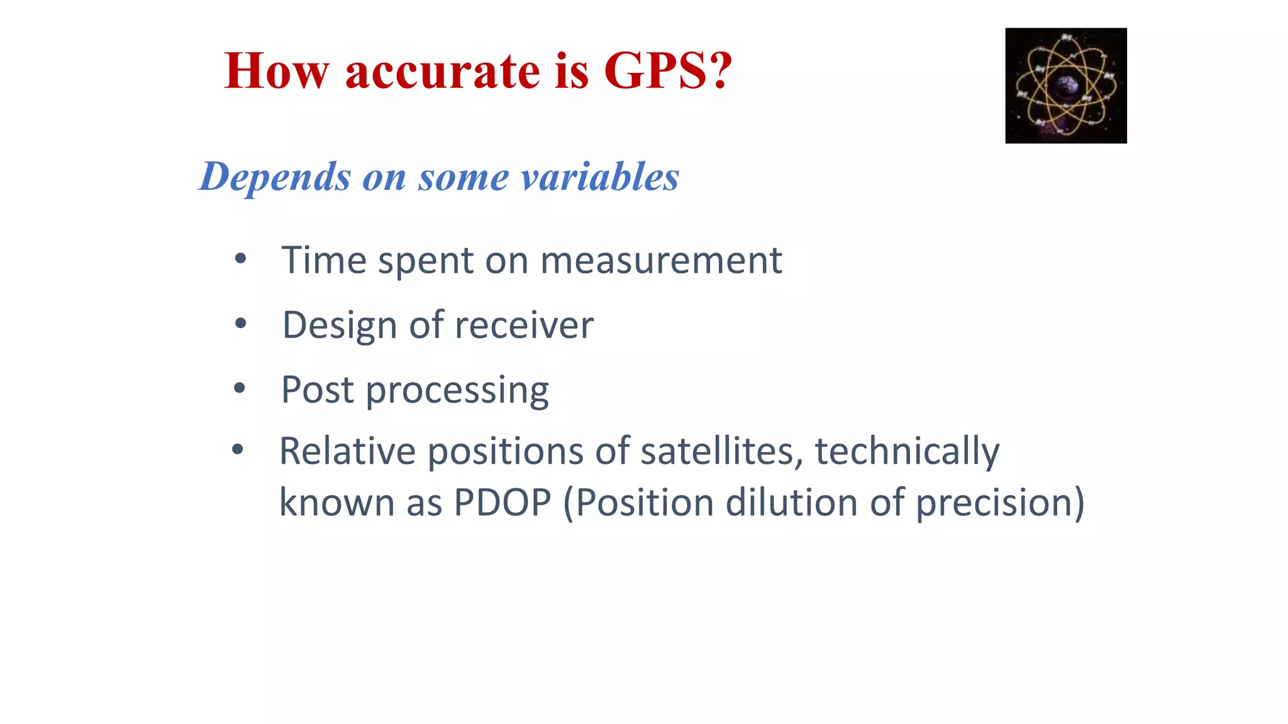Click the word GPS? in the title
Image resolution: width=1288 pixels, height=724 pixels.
click(668, 70)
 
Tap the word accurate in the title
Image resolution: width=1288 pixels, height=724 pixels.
click(442, 72)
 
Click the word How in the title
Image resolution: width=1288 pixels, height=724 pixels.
click(277, 70)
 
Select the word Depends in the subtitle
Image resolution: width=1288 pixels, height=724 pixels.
click(275, 177)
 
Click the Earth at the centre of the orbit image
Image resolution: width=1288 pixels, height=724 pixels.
click(1065, 87)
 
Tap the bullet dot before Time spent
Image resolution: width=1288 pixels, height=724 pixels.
click(240, 259)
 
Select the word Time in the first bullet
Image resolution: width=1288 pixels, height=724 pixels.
click(323, 260)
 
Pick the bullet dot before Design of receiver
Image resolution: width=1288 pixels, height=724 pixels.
click(240, 324)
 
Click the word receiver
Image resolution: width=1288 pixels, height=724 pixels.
click(524, 326)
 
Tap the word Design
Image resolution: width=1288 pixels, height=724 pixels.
click(340, 326)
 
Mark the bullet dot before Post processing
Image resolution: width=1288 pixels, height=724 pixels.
click(240, 388)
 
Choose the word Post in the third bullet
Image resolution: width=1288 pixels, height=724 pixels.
click(317, 390)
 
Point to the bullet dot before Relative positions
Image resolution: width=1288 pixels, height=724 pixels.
click(237, 449)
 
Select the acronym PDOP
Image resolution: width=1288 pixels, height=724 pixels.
click(502, 503)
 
